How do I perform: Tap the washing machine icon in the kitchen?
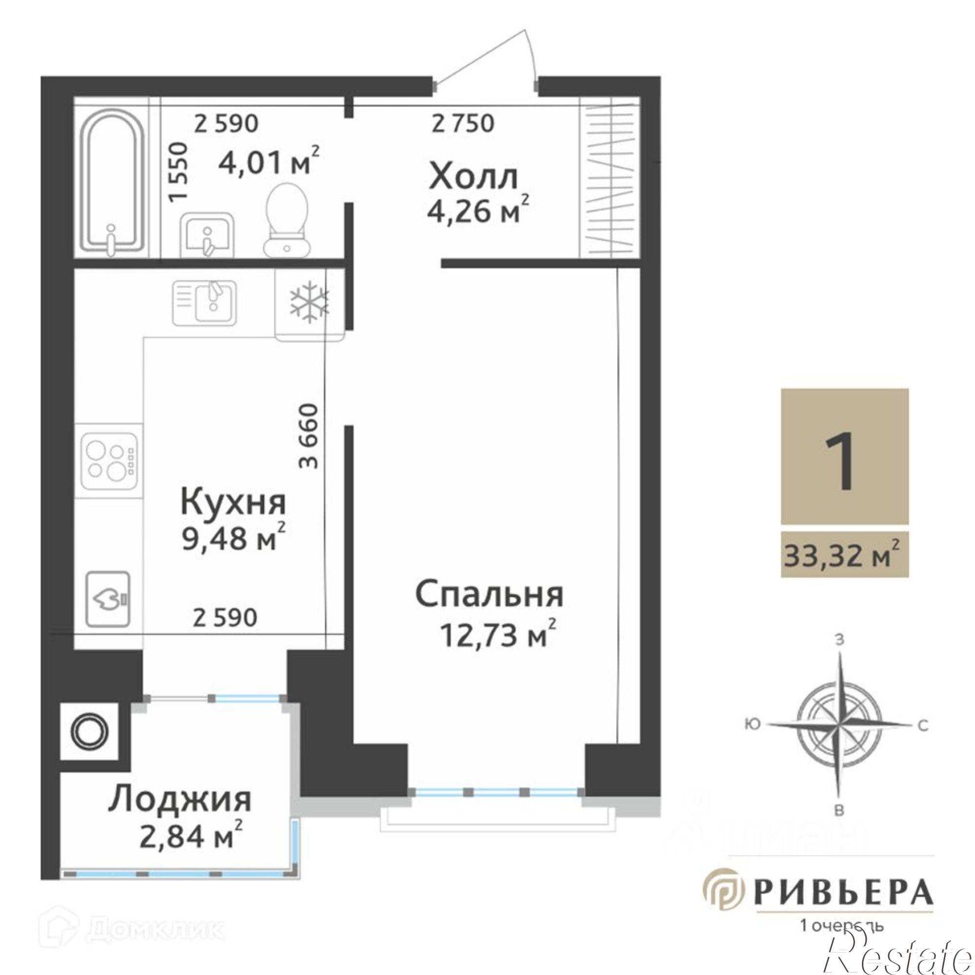click(109, 599)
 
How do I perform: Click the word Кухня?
click(233, 503)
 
